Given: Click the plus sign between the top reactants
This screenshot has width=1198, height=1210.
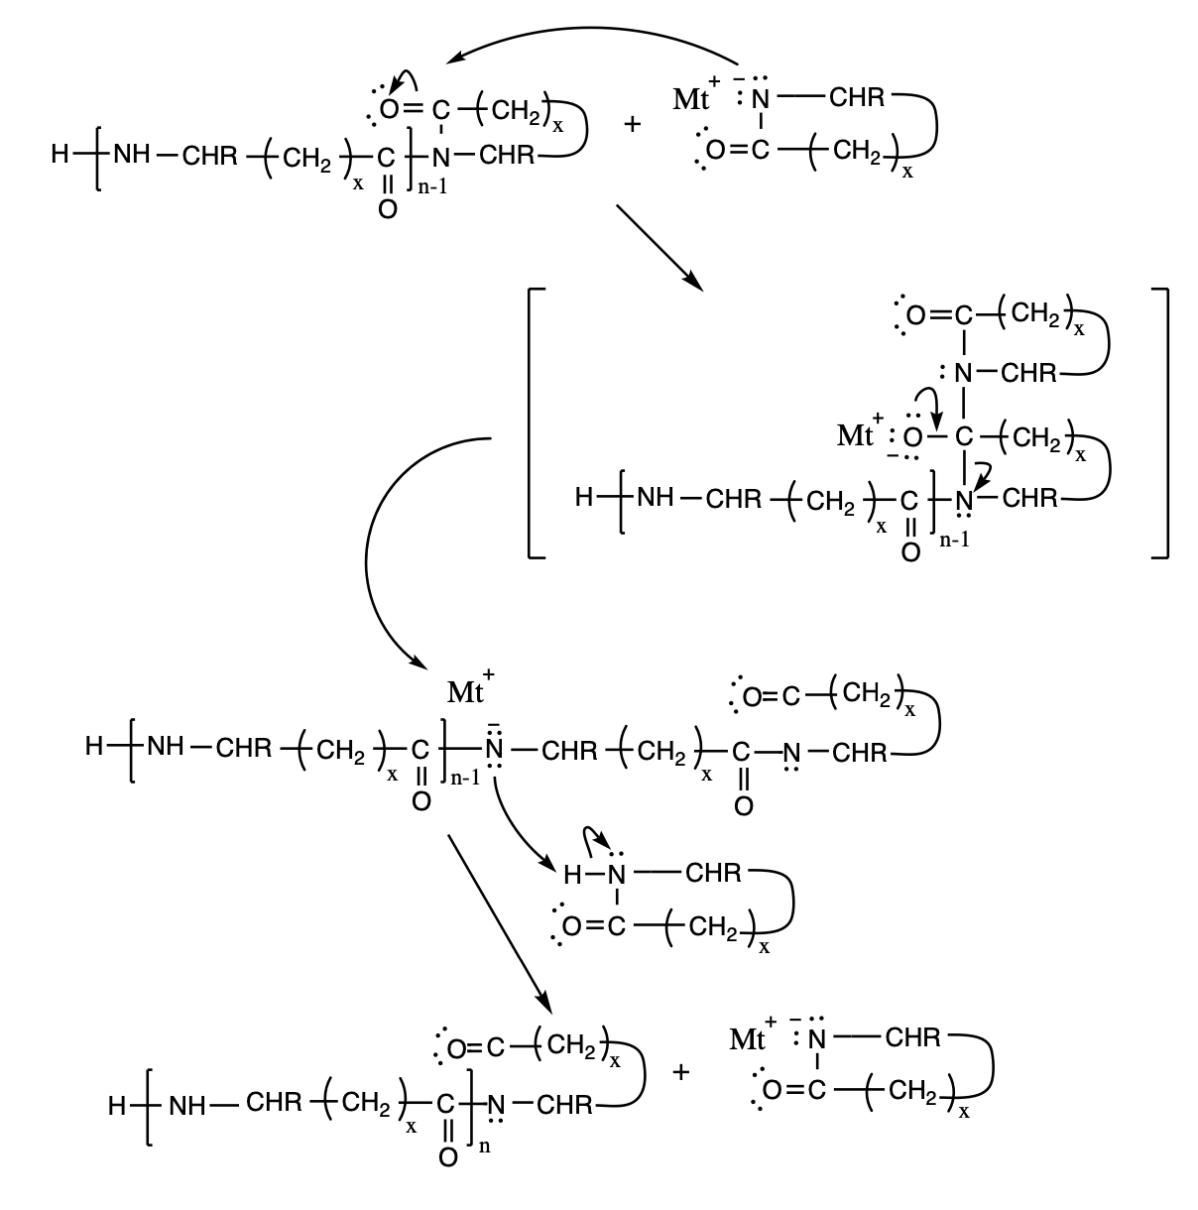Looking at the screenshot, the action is pyautogui.click(x=633, y=124).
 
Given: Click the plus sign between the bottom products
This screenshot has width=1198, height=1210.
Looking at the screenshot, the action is pyautogui.click(x=680, y=1071).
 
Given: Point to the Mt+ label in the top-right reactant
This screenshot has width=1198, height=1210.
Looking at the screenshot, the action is pyautogui.click(x=696, y=95).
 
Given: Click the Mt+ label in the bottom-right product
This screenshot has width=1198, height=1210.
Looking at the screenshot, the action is pyautogui.click(x=752, y=1036).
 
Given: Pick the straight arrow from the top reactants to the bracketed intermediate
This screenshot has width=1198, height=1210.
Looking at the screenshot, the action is pyautogui.click(x=659, y=247).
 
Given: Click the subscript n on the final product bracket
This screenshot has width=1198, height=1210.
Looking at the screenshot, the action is pyautogui.click(x=484, y=1147).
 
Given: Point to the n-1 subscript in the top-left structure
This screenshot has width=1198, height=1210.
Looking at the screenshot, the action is pyautogui.click(x=432, y=186).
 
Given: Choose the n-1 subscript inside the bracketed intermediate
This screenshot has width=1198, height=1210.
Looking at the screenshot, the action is pyautogui.click(x=954, y=540).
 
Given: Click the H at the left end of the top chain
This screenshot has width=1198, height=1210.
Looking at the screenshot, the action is pyautogui.click(x=60, y=154).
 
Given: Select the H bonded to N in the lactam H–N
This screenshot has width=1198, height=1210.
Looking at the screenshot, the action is pyautogui.click(x=572, y=874).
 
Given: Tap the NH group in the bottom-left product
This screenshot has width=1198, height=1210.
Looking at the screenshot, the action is pyautogui.click(x=187, y=1106).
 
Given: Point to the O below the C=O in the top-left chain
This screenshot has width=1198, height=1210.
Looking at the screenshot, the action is pyautogui.click(x=388, y=209).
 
